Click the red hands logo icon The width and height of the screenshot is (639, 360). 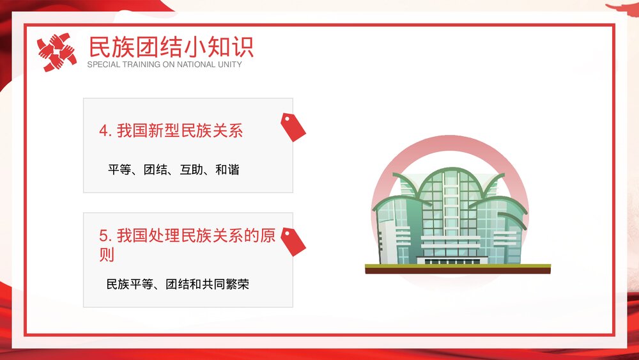pos(56,52)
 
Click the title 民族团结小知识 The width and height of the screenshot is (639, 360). pos(171,47)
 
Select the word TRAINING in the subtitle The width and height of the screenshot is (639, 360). pos(139,65)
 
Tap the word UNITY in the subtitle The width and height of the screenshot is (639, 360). pos(230,65)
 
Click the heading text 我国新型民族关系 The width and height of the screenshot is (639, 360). pos(180,131)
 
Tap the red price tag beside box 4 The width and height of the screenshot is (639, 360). pos(293,126)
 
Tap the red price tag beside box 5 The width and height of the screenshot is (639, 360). pos(293,241)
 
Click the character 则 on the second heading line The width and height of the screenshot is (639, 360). pos(107,255)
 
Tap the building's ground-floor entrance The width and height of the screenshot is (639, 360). pos(450,259)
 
